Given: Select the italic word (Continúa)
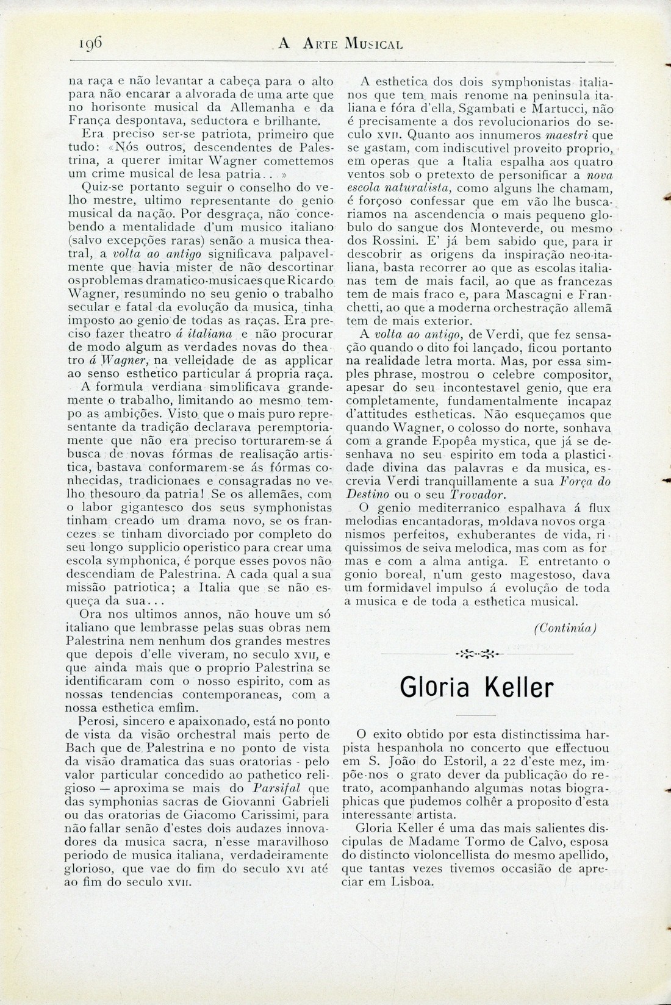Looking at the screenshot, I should coord(565,627).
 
